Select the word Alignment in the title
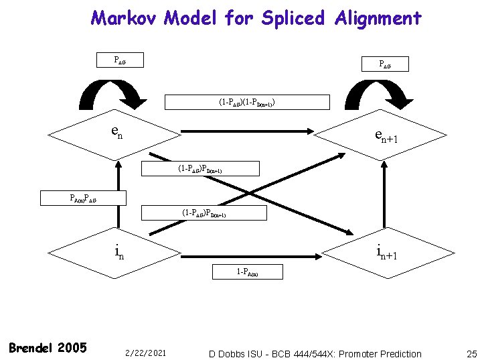click(x=378, y=17)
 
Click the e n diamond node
click(x=116, y=133)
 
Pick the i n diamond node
click(x=116, y=251)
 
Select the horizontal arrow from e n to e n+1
click(x=248, y=133)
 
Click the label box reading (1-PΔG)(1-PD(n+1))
click(x=248, y=103)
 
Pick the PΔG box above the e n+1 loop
click(x=385, y=64)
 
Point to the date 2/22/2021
click(x=145, y=353)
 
